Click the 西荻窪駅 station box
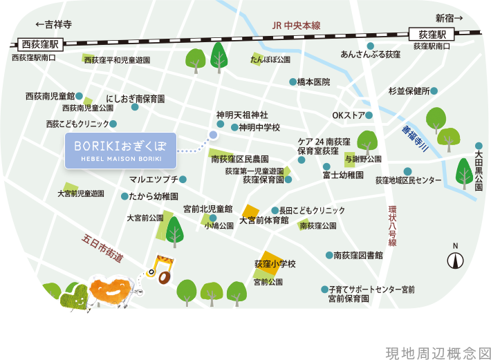[41, 44]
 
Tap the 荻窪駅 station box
[432, 34]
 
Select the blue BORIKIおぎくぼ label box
[121, 151]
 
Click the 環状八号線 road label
[392, 225]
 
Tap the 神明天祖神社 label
[242, 115]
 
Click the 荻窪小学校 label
[275, 264]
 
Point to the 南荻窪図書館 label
[358, 256]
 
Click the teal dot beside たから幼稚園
[124, 196]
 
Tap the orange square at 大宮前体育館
[250, 211]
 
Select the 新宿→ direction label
[449, 18]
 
